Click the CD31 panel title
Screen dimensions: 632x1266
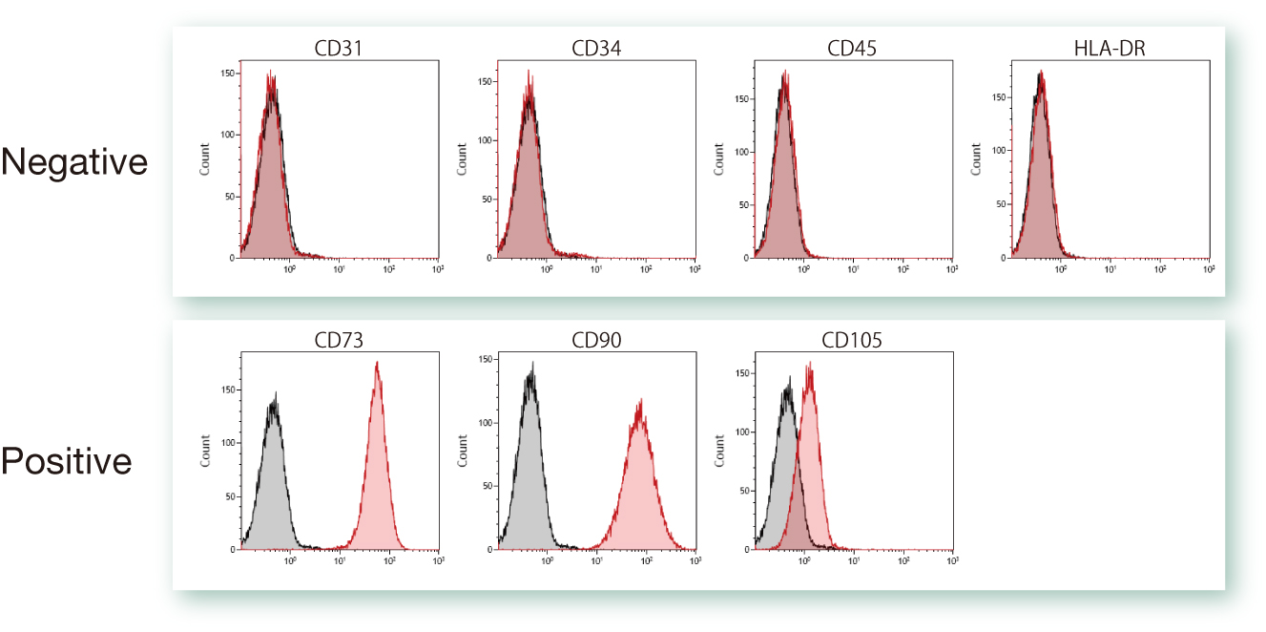pyautogui.click(x=339, y=48)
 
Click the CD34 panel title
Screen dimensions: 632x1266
pyautogui.click(x=596, y=48)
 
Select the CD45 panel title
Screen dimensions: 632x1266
pyautogui.click(x=853, y=48)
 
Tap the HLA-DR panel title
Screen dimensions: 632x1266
pyautogui.click(x=1110, y=48)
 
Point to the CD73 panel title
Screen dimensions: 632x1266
pyautogui.click(x=339, y=341)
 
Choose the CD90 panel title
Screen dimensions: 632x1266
pyautogui.click(x=596, y=341)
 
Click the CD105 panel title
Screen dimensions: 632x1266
pyautogui.click(x=853, y=341)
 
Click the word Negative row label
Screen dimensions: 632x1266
pyautogui.click(x=74, y=162)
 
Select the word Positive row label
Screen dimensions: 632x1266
pyautogui.click(x=67, y=461)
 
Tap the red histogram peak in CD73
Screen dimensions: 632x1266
pyautogui.click(x=378, y=364)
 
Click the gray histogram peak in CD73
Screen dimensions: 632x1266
pyautogui.click(x=275, y=394)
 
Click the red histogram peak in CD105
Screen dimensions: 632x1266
pyautogui.click(x=810, y=365)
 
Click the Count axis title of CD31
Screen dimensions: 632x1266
pyautogui.click(x=204, y=159)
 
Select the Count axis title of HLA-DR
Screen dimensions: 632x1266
pyautogui.click(x=976, y=159)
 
